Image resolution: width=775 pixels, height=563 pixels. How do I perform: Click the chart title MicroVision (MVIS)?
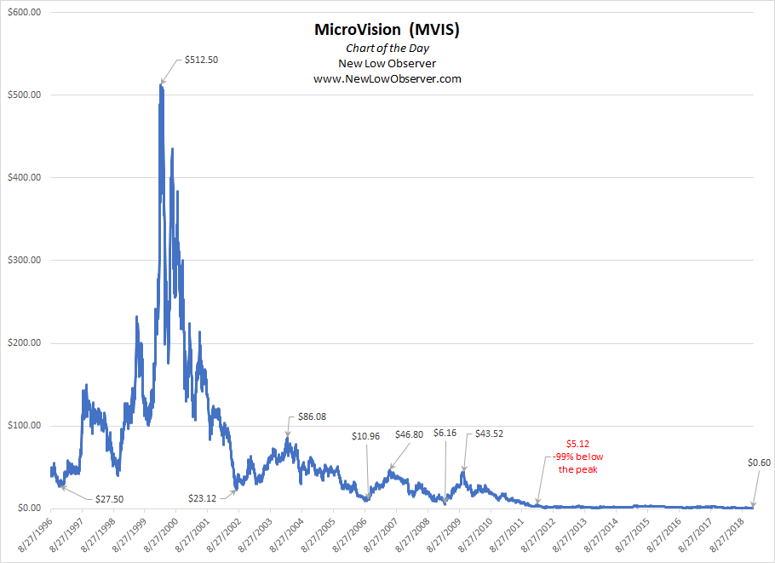click(x=387, y=30)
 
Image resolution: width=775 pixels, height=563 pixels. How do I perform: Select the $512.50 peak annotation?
click(x=201, y=60)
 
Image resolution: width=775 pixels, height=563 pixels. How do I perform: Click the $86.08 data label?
click(x=312, y=417)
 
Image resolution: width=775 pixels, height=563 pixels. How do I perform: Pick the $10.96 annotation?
click(x=368, y=435)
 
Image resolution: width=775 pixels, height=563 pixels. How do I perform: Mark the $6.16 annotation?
click(x=445, y=433)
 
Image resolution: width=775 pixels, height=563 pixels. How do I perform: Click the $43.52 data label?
click(x=489, y=433)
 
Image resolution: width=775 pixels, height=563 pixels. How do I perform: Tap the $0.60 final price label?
click(x=759, y=462)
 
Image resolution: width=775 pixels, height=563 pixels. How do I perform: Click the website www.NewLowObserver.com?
click(x=387, y=78)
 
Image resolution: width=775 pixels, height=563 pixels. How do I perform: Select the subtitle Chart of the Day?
click(x=387, y=49)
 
